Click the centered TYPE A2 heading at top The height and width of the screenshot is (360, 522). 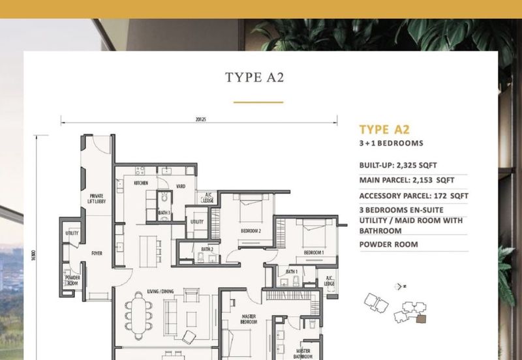pyautogui.click(x=258, y=78)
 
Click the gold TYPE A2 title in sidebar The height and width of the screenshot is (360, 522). pyautogui.click(x=384, y=129)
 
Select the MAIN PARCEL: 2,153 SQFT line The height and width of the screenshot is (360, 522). pyautogui.click(x=406, y=180)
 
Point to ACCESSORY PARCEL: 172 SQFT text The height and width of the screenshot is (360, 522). pyautogui.click(x=413, y=196)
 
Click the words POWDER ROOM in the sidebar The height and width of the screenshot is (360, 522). pyautogui.click(x=388, y=245)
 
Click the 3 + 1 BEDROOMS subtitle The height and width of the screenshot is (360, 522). pyautogui.click(x=391, y=143)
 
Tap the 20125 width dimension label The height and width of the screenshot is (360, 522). pyautogui.click(x=200, y=119)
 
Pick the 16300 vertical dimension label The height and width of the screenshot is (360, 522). pyautogui.click(x=40, y=251)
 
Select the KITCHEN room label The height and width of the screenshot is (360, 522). pyautogui.click(x=142, y=184)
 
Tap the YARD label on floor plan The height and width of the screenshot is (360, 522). pyautogui.click(x=181, y=187)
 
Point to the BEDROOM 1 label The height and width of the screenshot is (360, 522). pyautogui.click(x=313, y=252)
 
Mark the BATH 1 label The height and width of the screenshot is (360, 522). pyautogui.click(x=292, y=271)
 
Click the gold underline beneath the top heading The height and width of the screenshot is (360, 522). pyautogui.click(x=258, y=102)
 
